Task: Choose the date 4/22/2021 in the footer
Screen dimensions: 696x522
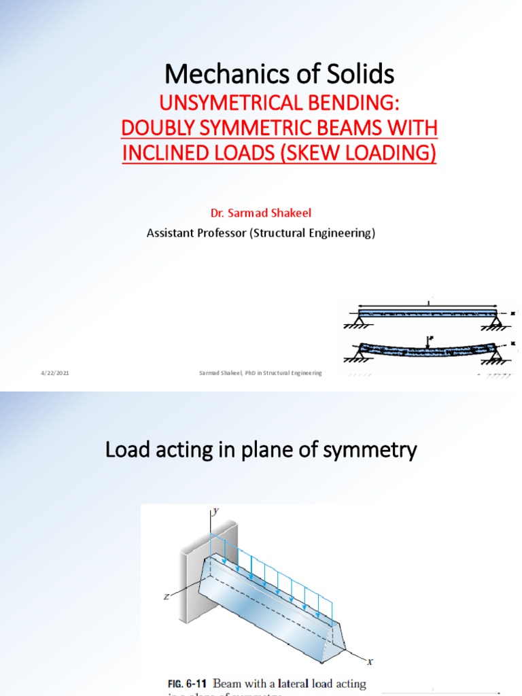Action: [54, 373]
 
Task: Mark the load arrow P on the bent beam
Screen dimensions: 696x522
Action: [429, 341]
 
